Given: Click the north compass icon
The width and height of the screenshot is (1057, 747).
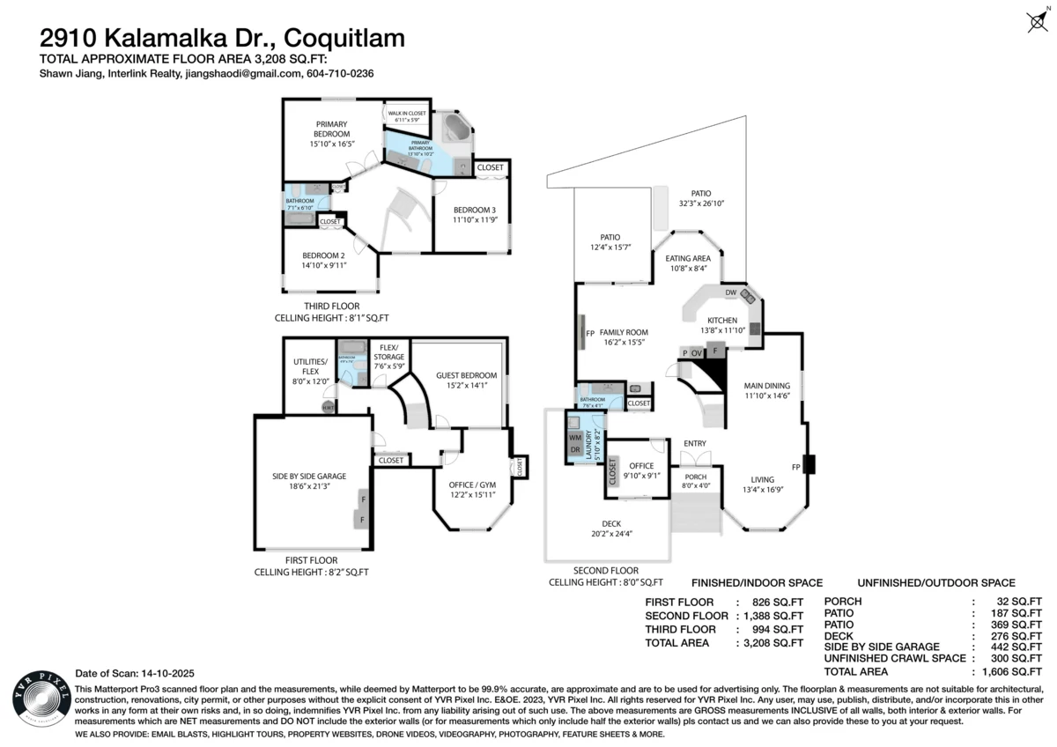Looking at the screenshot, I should pyautogui.click(x=1037, y=22).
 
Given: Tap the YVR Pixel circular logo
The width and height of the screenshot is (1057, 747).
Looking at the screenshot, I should pyautogui.click(x=37, y=701).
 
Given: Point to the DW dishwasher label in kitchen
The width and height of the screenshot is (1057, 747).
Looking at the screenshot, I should pyautogui.click(x=730, y=292).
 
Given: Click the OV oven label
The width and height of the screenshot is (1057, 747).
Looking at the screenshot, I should pyautogui.click(x=698, y=353).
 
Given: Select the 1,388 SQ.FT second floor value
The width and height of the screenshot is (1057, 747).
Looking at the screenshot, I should pyautogui.click(x=770, y=616).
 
